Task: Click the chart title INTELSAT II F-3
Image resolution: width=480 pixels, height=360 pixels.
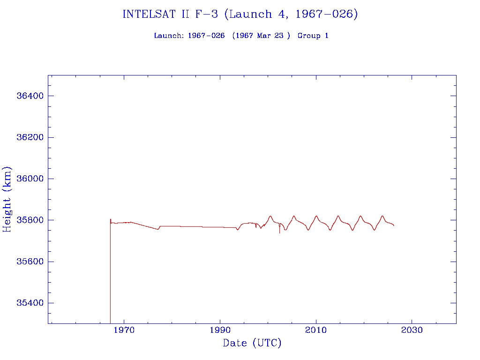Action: [240, 15]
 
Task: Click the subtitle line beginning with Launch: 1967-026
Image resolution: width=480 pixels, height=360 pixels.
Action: [241, 36]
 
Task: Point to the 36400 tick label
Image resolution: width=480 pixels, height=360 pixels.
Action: [30, 96]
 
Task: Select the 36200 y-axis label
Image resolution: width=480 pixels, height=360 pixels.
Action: [30, 137]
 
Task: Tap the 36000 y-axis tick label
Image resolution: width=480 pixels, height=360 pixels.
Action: [30, 179]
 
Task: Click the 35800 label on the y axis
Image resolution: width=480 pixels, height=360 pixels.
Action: [30, 220]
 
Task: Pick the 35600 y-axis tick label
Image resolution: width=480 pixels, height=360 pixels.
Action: [30, 262]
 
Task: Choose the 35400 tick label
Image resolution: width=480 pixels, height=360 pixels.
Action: [30, 303]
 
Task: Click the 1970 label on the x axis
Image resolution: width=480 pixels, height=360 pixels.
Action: [124, 330]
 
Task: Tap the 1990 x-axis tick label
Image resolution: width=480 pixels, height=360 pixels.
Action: [220, 330]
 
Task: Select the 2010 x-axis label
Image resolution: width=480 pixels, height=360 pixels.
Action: [316, 330]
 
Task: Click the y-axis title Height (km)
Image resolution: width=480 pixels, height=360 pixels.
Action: [7, 199]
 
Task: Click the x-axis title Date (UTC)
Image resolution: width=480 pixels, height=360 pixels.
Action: [252, 343]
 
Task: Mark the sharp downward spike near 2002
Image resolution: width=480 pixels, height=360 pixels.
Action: [280, 231]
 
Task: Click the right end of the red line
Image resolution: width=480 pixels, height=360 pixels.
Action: [394, 226]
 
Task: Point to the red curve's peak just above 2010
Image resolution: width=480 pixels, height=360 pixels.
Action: [316, 216]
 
